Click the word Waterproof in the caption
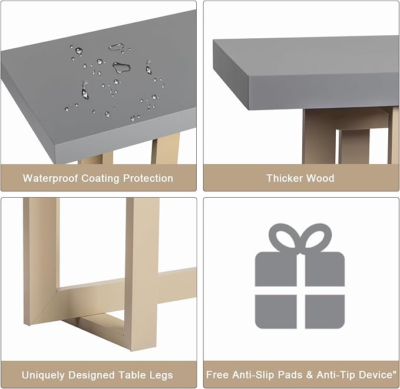tap(50, 178)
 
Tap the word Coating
tap(100, 178)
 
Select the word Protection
tap(148, 178)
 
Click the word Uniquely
tap(43, 375)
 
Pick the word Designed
tap(91, 375)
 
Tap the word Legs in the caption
tap(161, 375)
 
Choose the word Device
tap(376, 375)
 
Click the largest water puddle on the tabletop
tap(122, 67)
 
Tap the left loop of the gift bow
tap(284, 238)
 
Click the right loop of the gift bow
tap(316, 238)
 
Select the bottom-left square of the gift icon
tap(276, 311)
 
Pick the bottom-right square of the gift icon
tap(325, 311)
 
